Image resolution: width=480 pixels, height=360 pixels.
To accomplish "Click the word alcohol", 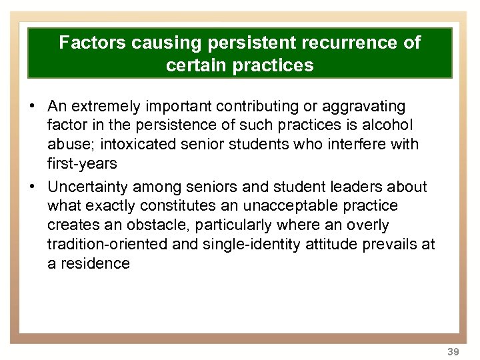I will pos(390,125).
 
